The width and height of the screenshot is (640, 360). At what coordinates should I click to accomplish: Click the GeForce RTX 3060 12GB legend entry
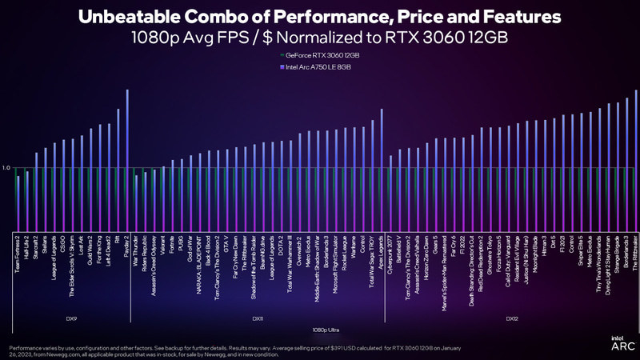[319, 54]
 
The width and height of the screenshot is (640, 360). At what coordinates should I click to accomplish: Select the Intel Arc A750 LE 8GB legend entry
[318, 68]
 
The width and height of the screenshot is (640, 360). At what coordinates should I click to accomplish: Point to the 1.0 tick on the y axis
[6, 168]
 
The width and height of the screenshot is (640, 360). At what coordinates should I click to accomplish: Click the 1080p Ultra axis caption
[324, 330]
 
